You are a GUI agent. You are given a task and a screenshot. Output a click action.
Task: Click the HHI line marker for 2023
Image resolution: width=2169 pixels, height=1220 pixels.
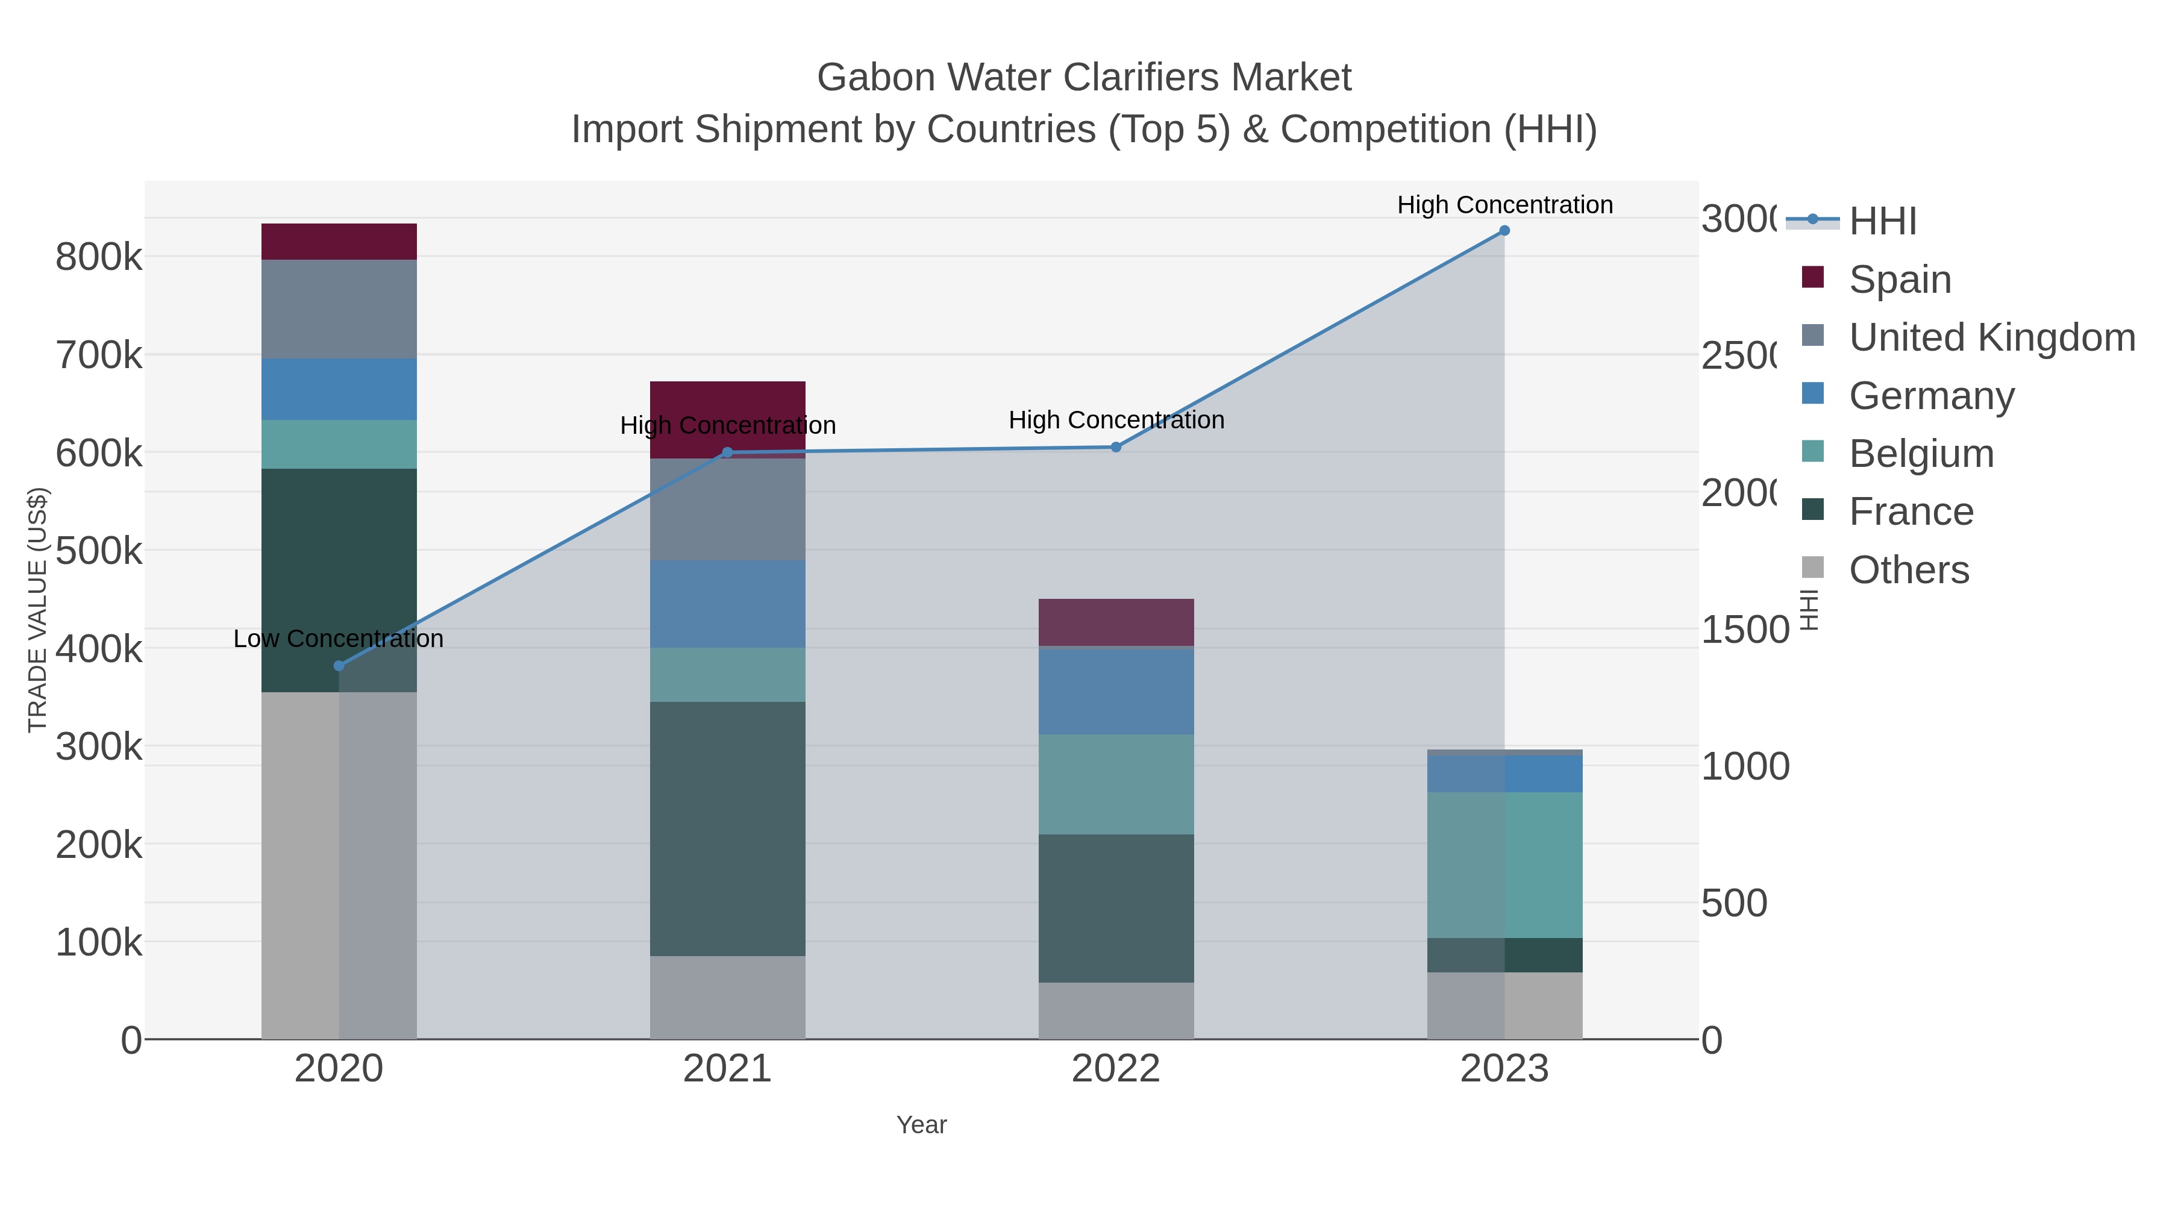pos(1504,231)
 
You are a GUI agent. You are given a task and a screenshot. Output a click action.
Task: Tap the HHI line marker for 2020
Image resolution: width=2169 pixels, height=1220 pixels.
pos(339,666)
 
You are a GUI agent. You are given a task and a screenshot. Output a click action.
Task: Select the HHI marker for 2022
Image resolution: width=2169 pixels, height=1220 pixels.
pos(1116,447)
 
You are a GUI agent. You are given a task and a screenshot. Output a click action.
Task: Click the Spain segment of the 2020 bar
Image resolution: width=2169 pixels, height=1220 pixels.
pos(339,242)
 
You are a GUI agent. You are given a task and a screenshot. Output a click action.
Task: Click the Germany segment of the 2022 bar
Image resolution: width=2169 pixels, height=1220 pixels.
pos(1116,691)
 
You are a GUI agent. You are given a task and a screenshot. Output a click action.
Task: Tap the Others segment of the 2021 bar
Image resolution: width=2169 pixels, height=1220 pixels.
pos(727,997)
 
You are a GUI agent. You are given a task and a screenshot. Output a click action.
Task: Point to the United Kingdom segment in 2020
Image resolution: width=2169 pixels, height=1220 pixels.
pos(339,309)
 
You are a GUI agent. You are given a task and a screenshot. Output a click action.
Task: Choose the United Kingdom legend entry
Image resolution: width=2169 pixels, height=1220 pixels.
pos(1991,337)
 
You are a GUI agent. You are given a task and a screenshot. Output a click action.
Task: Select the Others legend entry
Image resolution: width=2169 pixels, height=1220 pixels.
pos(1908,570)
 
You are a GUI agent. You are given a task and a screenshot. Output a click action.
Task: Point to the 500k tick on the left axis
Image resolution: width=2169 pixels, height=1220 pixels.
pos(99,551)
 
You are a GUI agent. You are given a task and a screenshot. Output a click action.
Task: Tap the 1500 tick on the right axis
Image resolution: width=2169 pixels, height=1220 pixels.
pos(1743,630)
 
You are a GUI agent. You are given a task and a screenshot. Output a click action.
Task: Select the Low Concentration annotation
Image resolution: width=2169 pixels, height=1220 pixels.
pos(339,639)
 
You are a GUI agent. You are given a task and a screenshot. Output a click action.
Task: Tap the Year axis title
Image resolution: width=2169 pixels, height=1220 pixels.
pos(921,1125)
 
